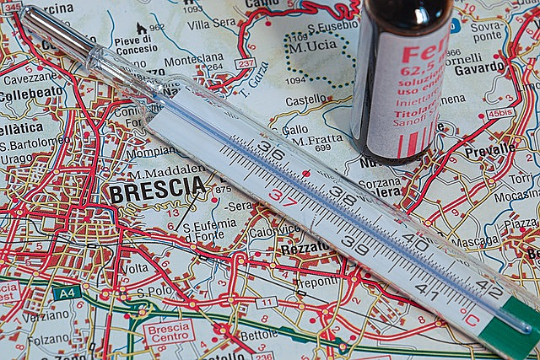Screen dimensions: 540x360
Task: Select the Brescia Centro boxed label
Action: tap(169, 332)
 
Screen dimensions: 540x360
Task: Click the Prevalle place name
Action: tap(490, 149)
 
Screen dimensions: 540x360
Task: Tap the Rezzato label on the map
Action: tap(305, 247)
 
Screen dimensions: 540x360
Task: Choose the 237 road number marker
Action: tap(246, 63)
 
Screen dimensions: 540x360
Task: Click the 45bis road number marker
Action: tap(500, 112)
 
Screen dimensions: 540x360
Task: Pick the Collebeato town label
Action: tap(32, 94)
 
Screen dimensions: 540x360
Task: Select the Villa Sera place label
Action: tap(212, 24)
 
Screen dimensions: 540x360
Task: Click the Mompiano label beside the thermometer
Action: tap(150, 153)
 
